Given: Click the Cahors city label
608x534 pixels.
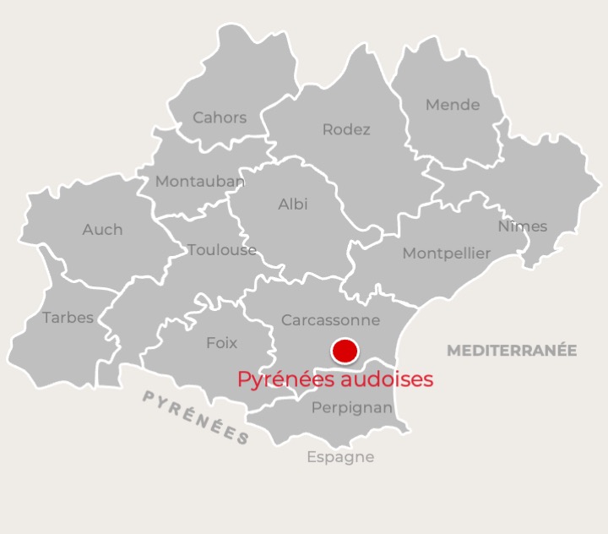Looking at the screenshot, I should click(x=220, y=117).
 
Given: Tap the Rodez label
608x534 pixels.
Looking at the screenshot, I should click(x=346, y=129).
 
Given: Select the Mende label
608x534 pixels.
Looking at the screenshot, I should click(x=453, y=105).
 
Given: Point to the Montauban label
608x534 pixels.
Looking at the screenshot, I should click(x=200, y=181).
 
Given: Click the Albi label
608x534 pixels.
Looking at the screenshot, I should click(x=293, y=204).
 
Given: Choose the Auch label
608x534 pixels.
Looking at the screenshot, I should click(x=102, y=229).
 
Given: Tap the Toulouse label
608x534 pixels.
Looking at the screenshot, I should click(x=222, y=249).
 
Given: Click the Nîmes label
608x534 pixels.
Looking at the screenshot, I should click(x=522, y=226).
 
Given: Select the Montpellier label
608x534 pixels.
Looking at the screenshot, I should click(x=446, y=253).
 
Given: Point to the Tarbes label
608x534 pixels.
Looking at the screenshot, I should click(x=68, y=318).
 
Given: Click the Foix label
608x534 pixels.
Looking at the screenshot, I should click(x=222, y=343).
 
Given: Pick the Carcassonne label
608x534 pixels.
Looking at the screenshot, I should click(x=330, y=320).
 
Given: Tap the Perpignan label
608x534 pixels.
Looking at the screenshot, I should click(x=352, y=408).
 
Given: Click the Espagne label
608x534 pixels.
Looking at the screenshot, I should click(x=340, y=457).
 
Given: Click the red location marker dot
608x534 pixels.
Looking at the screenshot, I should click(x=345, y=351).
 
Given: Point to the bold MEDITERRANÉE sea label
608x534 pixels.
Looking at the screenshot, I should click(x=512, y=350).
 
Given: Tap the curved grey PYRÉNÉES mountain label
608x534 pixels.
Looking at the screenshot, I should click(x=196, y=417).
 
